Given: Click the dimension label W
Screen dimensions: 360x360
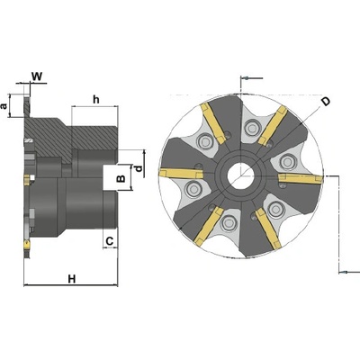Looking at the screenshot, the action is pyautogui.click(x=37, y=76).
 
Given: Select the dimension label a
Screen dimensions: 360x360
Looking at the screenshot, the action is pyautogui.click(x=4, y=106).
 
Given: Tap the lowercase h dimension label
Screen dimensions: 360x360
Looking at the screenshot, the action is pyautogui.click(x=96, y=99).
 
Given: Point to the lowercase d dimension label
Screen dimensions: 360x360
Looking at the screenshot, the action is pyautogui.click(x=139, y=169).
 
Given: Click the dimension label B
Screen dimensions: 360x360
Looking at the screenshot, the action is pyautogui.click(x=121, y=178).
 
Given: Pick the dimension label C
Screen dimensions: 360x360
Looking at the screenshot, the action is pyautogui.click(x=110, y=240).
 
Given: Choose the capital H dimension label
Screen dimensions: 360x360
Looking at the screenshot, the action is pyautogui.click(x=71, y=279).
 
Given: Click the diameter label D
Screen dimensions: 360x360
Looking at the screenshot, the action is pyautogui.click(x=326, y=102).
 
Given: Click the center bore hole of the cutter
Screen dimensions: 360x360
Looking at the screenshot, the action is pyautogui.click(x=239, y=175).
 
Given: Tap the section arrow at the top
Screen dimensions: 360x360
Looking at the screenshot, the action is pyautogui.click(x=252, y=78).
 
